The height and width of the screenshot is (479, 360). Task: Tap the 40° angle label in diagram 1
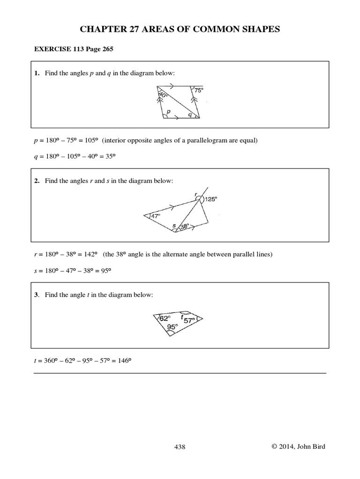(x=163, y=95)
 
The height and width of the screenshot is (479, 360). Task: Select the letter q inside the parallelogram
(x=190, y=114)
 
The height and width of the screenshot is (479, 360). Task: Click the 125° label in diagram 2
(x=211, y=199)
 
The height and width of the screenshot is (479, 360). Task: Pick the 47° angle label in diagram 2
(x=155, y=216)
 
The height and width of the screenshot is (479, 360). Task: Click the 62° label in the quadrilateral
(x=165, y=318)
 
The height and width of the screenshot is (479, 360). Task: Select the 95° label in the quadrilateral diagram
(x=172, y=327)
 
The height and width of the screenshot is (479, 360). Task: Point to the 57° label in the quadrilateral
(x=189, y=320)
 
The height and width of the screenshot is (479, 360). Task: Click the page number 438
(x=180, y=447)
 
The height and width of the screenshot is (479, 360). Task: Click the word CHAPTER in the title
(x=101, y=29)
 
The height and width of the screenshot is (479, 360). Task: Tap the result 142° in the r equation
(x=90, y=254)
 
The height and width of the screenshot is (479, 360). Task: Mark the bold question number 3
(x=36, y=295)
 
